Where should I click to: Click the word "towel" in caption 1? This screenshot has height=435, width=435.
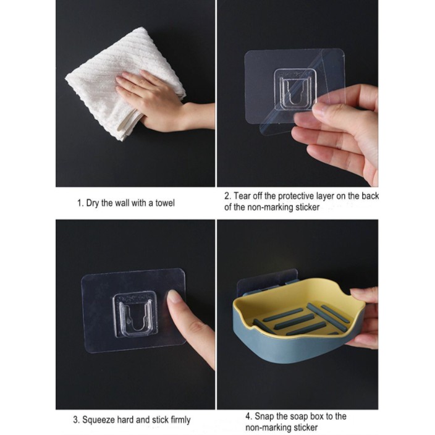coord(165,203)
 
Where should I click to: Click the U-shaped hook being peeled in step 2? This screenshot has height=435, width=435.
coord(295,88)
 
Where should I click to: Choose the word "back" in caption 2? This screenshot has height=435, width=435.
coord(370,196)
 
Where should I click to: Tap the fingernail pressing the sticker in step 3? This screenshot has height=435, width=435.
coord(174,296)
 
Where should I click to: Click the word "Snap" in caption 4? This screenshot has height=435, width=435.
coord(264,416)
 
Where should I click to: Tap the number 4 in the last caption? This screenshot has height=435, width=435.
coord(248,416)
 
